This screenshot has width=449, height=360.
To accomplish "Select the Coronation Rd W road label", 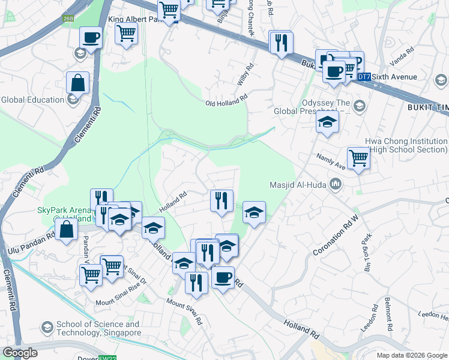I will coord(337,235).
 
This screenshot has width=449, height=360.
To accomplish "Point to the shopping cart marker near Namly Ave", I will coord(358,158).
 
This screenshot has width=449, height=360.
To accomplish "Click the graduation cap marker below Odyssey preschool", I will coord(328,122).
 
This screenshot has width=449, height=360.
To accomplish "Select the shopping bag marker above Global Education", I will coord(78,82).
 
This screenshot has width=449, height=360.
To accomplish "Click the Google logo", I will coord(20,353).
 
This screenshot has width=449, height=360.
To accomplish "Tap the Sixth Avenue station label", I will coord(393,77).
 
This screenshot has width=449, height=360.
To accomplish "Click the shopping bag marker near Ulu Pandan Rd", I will coord(66,230).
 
